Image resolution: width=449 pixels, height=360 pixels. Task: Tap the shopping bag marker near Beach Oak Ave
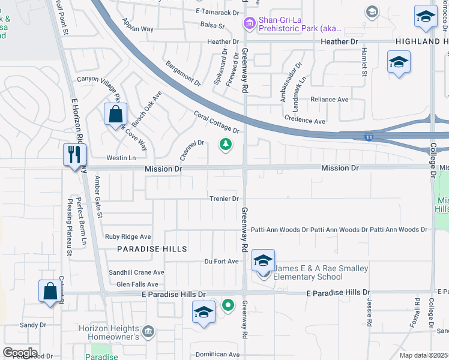point(114,114)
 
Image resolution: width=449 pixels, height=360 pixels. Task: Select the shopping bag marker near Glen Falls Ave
point(50,291)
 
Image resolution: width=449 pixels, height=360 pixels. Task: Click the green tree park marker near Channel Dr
point(226,145)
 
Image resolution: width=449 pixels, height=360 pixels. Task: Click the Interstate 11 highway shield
point(368,137)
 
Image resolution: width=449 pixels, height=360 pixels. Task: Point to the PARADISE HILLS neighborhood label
point(152,248)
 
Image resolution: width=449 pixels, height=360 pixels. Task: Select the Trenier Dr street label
point(224,199)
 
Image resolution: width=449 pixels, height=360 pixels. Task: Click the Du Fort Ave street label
point(217,261)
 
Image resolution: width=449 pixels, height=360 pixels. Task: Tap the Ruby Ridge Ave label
point(128,237)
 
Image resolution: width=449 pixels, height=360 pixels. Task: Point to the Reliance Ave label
point(329,100)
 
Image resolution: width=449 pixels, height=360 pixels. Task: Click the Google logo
point(20,353)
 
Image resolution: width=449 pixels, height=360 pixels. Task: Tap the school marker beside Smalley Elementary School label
point(263,261)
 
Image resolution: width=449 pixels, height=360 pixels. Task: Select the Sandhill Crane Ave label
point(136,272)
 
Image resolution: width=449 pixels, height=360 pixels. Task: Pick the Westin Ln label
point(121,158)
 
